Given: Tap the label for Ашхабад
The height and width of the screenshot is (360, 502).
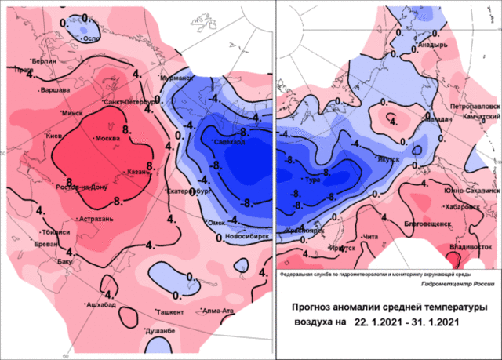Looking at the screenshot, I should [102, 304].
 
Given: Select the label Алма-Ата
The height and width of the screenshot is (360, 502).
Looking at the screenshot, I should [219, 311].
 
